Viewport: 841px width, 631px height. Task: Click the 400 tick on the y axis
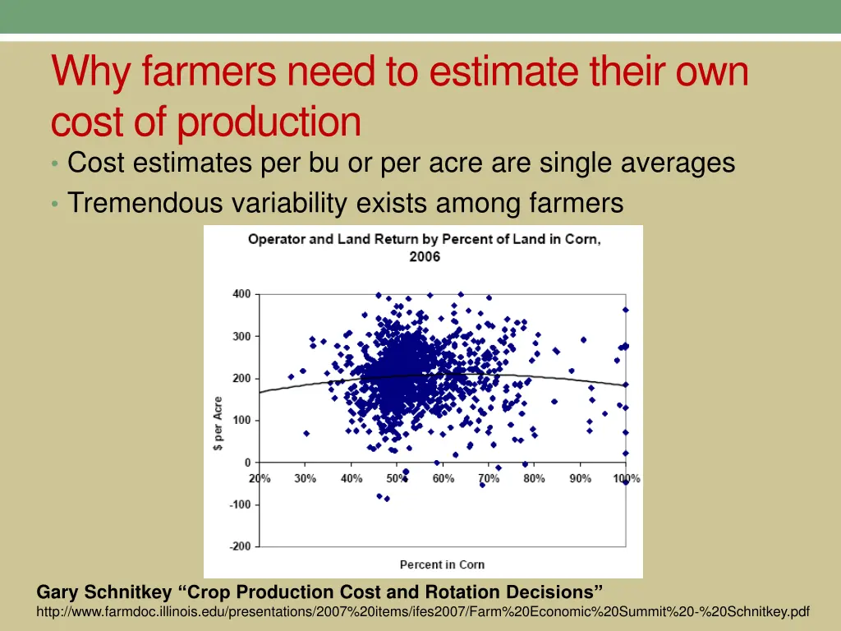point(241,294)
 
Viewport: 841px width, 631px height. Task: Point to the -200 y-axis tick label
point(239,546)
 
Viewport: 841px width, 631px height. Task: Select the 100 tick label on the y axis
point(241,421)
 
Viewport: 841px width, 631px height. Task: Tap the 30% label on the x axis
point(306,478)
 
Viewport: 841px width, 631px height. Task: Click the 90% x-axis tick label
point(581,478)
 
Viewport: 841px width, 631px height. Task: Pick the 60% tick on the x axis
point(443,478)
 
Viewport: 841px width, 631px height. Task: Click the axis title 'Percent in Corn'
point(442,564)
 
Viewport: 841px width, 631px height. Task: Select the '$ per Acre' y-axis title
point(218,424)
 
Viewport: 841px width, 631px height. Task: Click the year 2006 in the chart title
point(425,256)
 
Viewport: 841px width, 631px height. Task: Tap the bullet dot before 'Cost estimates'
point(54,164)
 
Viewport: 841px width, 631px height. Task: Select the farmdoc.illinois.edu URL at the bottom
point(423,612)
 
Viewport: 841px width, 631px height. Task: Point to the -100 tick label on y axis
point(239,504)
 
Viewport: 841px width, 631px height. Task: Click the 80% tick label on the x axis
point(535,478)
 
